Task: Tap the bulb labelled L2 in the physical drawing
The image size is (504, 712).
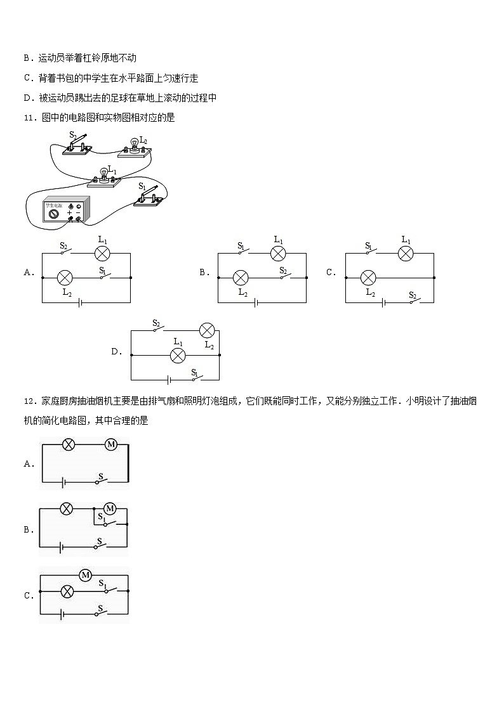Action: coord(133,148)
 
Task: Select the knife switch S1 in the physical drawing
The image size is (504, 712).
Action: coord(149,196)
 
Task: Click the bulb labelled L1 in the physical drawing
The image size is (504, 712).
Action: coord(104,178)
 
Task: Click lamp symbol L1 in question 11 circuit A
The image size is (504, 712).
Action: coord(102,253)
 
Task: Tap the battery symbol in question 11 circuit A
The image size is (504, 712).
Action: coord(80,302)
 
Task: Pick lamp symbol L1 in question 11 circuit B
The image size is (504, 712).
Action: coord(278,253)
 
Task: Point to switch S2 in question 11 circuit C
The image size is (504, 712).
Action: coord(414,300)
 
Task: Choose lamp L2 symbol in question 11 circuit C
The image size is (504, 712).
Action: coord(368,277)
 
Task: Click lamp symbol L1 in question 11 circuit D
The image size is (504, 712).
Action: coord(178,355)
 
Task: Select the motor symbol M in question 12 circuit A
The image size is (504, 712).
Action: coord(111,444)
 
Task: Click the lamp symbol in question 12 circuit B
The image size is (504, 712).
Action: coord(67,508)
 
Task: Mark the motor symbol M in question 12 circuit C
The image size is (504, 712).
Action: coord(86,575)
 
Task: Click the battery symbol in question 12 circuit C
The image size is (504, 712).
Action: coord(62,614)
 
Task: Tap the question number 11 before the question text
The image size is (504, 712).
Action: coord(29,117)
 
